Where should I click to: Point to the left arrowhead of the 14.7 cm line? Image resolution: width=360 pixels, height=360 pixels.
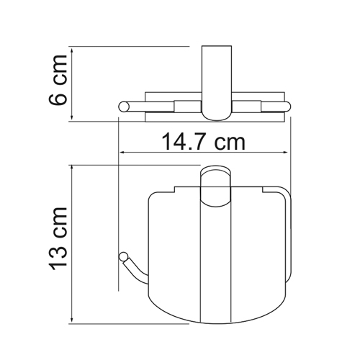pyautogui.click(x=122, y=153)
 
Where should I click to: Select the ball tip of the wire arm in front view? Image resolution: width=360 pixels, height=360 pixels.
pyautogui.click(x=123, y=256)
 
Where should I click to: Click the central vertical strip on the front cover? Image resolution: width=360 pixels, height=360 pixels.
pyautogui.click(x=214, y=266)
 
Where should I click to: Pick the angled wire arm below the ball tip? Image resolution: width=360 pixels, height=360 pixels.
pyautogui.click(x=135, y=269)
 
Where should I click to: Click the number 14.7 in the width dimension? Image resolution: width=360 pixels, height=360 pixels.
pyautogui.click(x=176, y=142)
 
